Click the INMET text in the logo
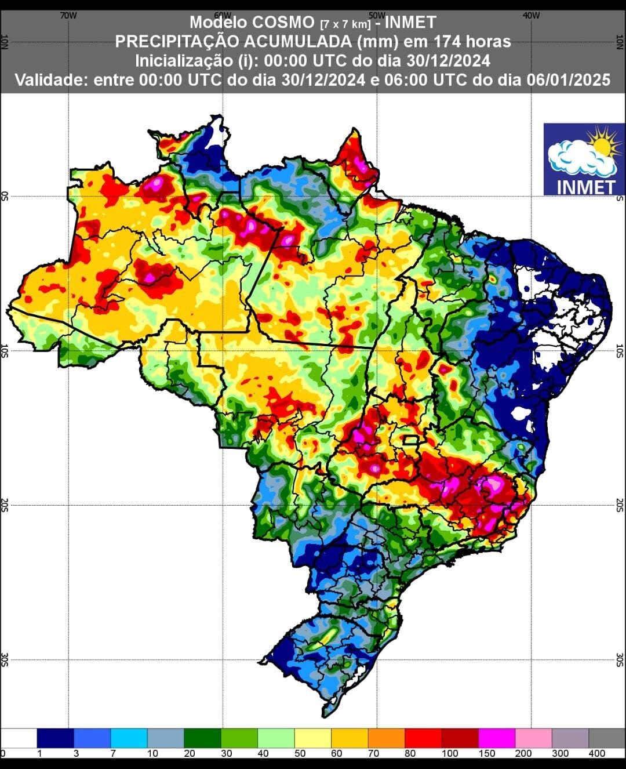coord(585,187)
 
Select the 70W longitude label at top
coord(68,16)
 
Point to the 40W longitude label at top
coord(531,16)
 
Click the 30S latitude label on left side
coord(6,659)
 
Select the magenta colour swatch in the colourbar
coord(497,738)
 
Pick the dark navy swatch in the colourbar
coord(55,738)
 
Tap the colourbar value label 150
coord(487,753)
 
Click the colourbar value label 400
coord(597,753)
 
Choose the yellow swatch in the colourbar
coord(312,738)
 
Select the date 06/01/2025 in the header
coord(569,79)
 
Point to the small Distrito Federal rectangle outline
coord(411,440)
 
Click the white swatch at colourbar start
coord(19,738)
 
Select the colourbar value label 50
coord(299,753)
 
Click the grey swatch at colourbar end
coord(607,738)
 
